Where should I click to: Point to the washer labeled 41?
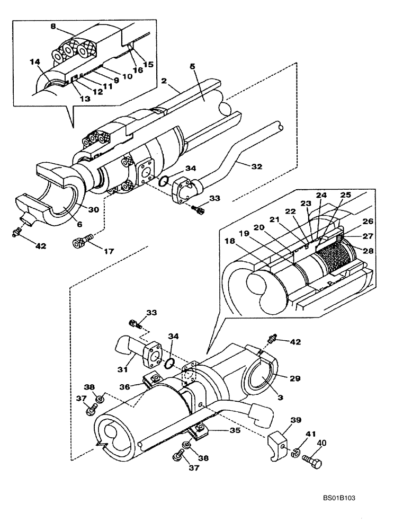click(294, 453)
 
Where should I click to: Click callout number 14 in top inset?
click(36, 62)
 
